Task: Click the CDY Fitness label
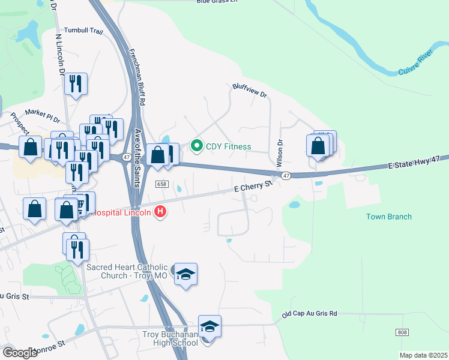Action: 228,146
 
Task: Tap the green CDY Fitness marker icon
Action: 196,146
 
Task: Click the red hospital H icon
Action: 160,212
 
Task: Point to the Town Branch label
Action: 389,217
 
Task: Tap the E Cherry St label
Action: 253,187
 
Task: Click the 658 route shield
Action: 161,184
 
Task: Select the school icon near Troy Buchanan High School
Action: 209,326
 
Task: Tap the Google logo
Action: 20,352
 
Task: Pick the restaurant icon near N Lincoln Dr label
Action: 76,85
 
